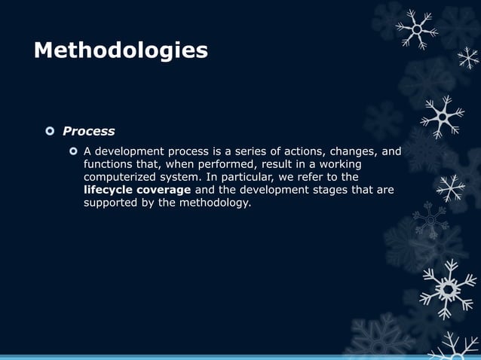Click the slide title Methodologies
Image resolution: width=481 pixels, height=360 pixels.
121,50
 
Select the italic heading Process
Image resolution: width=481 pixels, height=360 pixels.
88,131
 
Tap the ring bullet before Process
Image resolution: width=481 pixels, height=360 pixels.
50,131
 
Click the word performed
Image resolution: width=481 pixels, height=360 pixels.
228,164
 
